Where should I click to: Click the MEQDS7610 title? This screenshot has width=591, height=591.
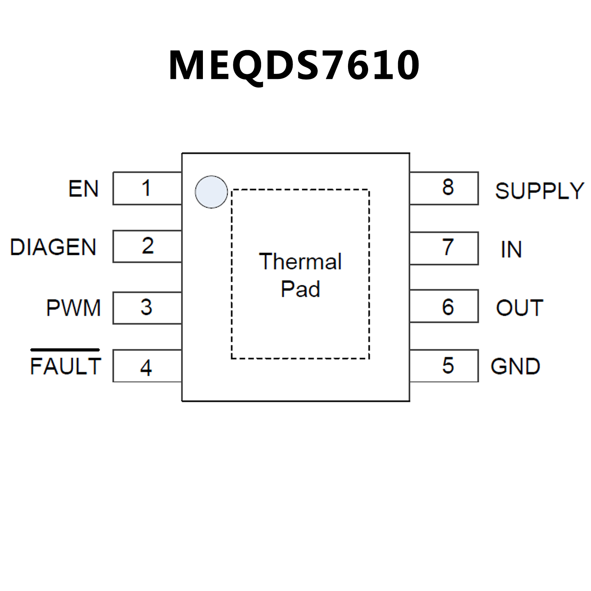point(294,65)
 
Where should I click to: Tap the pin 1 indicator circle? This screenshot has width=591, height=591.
point(211,192)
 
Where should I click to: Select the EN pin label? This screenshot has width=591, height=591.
point(84,189)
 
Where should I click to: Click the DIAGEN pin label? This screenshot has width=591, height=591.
point(53,247)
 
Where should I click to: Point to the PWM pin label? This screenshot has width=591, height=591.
point(74,308)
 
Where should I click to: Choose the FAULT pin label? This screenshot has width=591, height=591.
point(65,366)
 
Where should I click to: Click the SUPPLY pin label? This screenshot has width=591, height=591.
point(539,191)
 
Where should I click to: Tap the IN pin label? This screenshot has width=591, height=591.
point(511,249)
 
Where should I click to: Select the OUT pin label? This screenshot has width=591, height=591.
point(519,308)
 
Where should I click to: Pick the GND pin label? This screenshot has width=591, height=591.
point(515,366)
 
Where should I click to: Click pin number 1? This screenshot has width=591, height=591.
point(146,188)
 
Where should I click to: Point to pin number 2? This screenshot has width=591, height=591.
point(148,246)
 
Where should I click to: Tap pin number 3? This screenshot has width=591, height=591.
point(146,307)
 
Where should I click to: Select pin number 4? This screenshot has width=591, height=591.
point(146,367)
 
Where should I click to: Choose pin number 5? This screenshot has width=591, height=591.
point(448,365)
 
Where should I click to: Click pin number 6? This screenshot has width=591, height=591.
point(448,307)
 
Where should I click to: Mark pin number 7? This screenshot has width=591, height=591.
point(448,247)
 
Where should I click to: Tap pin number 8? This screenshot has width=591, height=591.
point(448,187)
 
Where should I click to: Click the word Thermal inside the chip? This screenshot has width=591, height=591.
point(300,261)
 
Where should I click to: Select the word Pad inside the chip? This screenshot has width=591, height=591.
point(300,289)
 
